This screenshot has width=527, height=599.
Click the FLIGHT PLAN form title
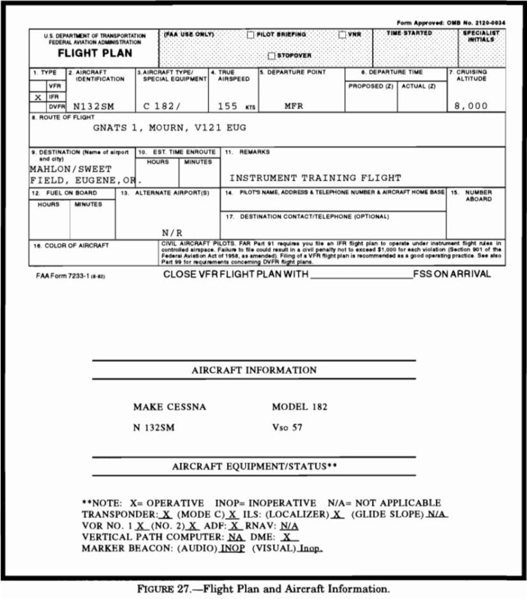click(x=95, y=53)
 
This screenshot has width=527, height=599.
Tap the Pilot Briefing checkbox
click(x=251, y=34)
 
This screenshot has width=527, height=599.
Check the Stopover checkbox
click(x=272, y=56)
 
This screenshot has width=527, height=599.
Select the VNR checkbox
click(x=341, y=34)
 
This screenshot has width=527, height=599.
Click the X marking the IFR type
click(x=38, y=97)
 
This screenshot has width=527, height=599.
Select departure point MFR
click(x=293, y=106)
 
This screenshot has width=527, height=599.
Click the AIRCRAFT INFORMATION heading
click(x=254, y=371)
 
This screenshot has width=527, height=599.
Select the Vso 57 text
click(x=286, y=427)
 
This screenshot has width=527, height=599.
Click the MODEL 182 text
click(x=298, y=407)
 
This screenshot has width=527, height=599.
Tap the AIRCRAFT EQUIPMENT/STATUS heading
click(x=254, y=467)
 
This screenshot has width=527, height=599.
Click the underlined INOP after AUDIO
click(x=233, y=548)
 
